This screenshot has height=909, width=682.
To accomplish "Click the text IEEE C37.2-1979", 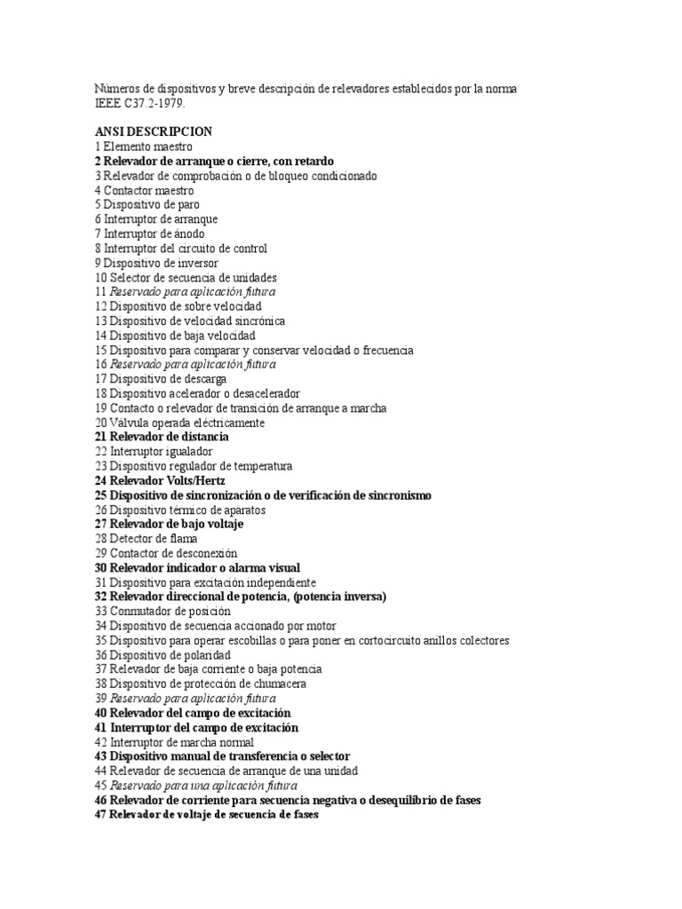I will [x=141, y=104].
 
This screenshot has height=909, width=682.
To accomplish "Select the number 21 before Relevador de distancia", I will [x=99, y=437].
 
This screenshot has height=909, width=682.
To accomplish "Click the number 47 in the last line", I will [x=99, y=814].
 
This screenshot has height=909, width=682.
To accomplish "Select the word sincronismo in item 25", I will [x=394, y=495].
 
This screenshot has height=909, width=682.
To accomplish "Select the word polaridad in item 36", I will [x=198, y=654].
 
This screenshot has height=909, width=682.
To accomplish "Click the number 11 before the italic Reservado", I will [x=99, y=292].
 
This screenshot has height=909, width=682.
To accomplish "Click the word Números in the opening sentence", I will [x=116, y=90].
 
